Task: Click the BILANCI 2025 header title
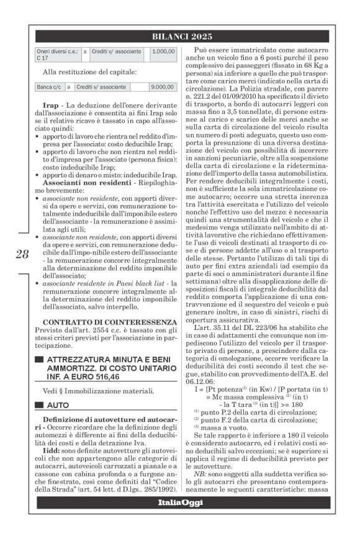click(x=180, y=37)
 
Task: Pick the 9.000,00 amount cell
click(x=163, y=88)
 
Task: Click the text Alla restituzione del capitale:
click(x=83, y=72)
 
